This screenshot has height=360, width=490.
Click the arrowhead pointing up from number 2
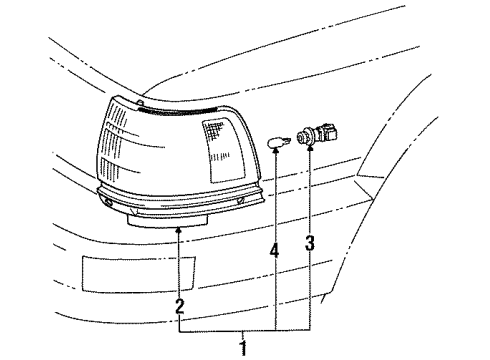click(x=180, y=230)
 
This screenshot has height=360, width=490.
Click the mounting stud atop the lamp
click(x=142, y=104)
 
